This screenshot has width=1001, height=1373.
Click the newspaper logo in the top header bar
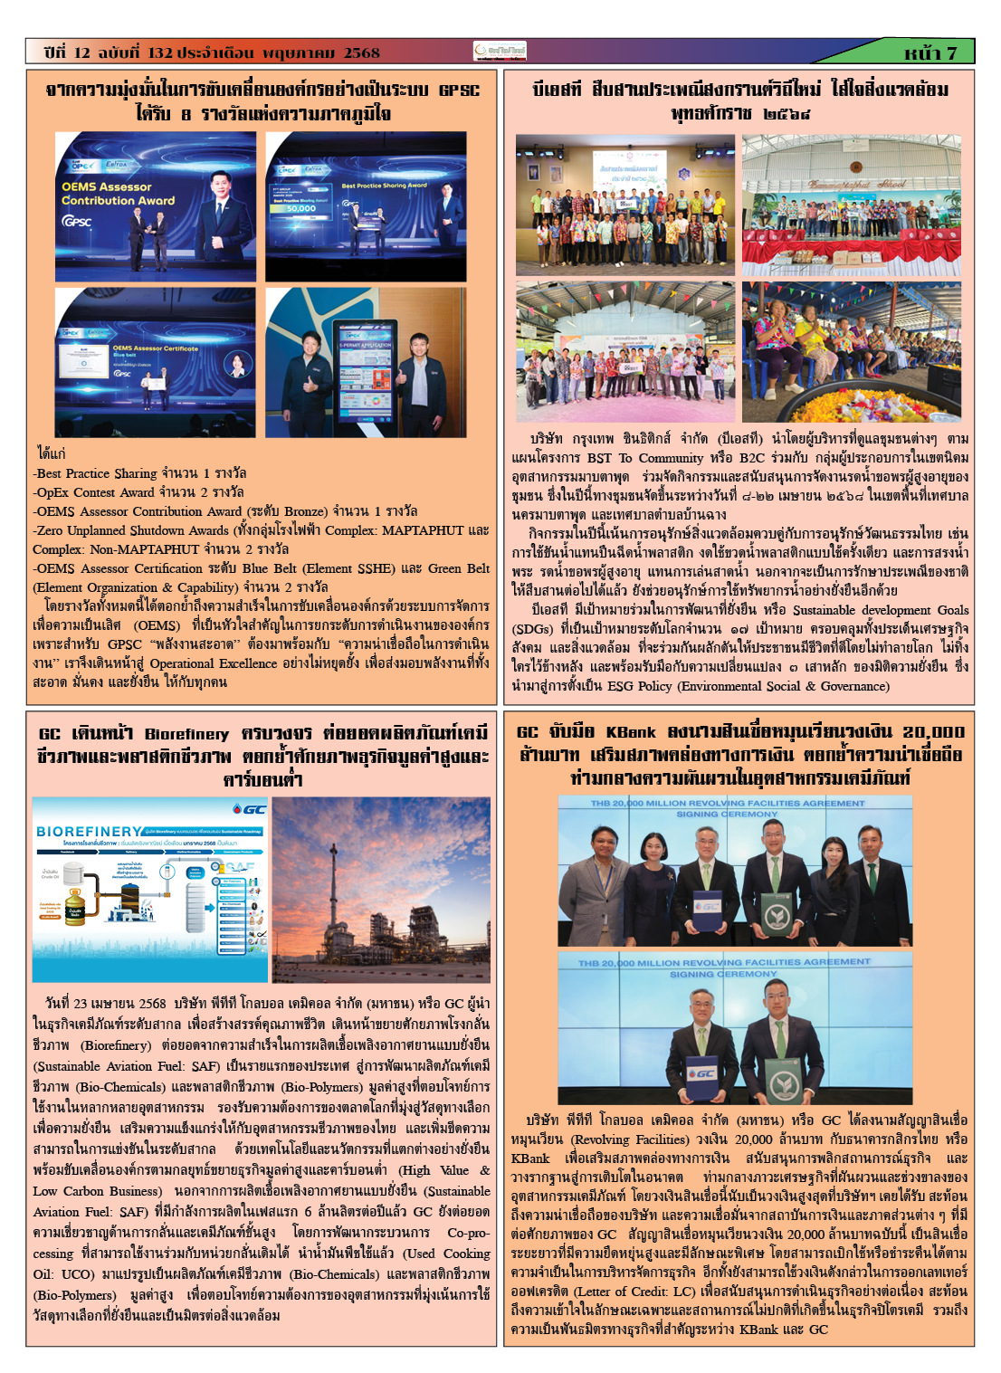[500, 52]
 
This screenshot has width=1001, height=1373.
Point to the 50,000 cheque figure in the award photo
[301, 208]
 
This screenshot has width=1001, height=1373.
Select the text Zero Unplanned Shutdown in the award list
[108, 530]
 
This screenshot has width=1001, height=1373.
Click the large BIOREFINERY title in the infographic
[89, 831]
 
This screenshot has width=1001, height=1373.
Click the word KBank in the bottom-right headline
[630, 732]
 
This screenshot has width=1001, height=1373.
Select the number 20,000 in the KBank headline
[932, 732]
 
